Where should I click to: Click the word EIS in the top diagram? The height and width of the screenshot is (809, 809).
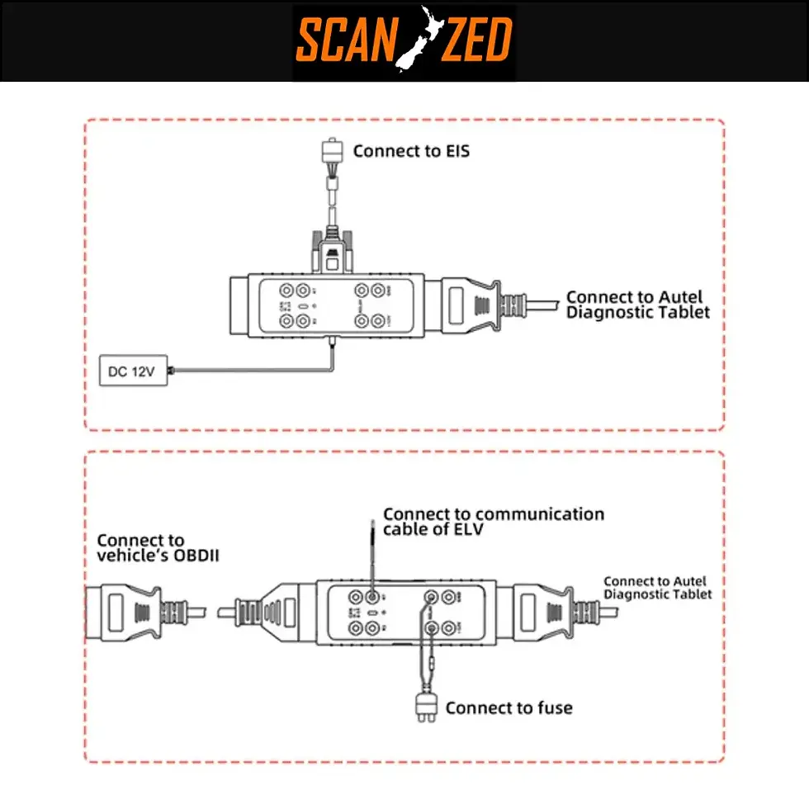[x=454, y=151]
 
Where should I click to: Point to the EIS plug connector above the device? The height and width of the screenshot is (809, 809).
[x=333, y=153]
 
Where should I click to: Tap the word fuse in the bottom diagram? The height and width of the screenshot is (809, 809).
[x=555, y=707]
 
